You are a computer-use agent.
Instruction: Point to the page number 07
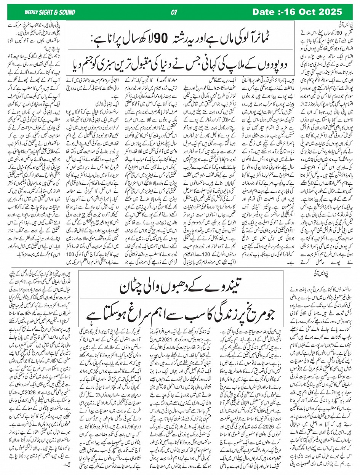tap(174, 13)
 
